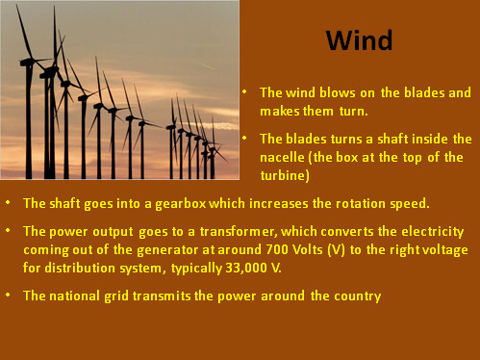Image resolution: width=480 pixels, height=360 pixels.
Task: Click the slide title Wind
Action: [x=359, y=40]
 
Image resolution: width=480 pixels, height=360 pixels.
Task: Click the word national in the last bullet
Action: [x=73, y=296]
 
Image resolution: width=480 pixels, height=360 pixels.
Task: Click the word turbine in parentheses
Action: [x=284, y=175]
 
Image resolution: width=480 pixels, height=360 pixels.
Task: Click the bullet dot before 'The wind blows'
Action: [x=245, y=92]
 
